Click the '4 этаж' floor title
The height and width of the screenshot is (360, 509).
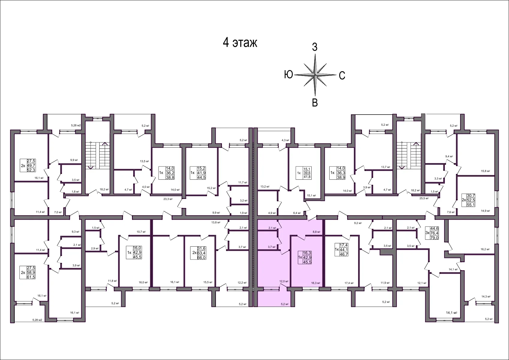pos(240,43)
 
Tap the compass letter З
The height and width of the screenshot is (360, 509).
pos(315,47)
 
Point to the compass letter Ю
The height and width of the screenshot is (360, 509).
pos(288,74)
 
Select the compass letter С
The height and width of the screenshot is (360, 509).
pos(342,76)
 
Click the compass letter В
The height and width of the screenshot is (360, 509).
pos(315,103)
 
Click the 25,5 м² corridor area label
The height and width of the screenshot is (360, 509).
pos(424,198)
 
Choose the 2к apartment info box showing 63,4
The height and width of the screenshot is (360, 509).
pos(199,253)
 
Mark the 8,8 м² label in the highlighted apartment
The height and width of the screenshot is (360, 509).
pos(317,232)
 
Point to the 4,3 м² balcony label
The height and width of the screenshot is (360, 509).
pos(285,140)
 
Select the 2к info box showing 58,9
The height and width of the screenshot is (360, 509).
pos(28,272)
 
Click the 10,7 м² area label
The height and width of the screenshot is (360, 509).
pos(141,232)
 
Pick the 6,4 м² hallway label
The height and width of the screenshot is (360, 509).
pos(297,213)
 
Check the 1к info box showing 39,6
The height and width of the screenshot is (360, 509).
pos(304,173)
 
